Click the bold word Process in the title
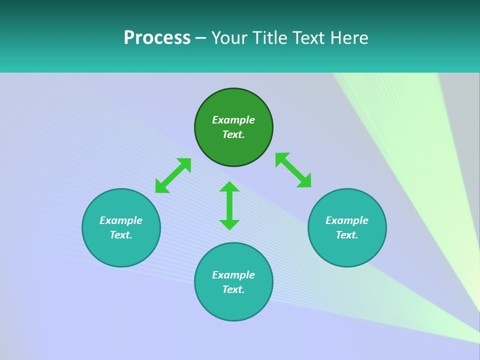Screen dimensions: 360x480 [157, 38]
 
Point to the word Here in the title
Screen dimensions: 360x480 [350, 38]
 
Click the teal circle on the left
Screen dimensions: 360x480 [121, 250]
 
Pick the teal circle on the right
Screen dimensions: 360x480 [347, 250]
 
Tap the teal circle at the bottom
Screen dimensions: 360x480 [233, 305]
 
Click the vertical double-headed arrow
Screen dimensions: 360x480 [229, 205]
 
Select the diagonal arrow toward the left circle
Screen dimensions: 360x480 [173, 175]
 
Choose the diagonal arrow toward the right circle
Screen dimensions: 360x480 [293, 170]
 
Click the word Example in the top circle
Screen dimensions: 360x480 [233, 120]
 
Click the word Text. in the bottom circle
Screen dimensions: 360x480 [233, 289]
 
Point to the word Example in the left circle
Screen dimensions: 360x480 [121, 220]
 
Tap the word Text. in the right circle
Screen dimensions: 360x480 [347, 235]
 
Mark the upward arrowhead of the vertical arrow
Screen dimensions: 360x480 [229, 187]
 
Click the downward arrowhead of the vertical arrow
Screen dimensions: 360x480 [229, 224]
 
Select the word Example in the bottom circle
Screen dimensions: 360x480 [233, 275]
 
